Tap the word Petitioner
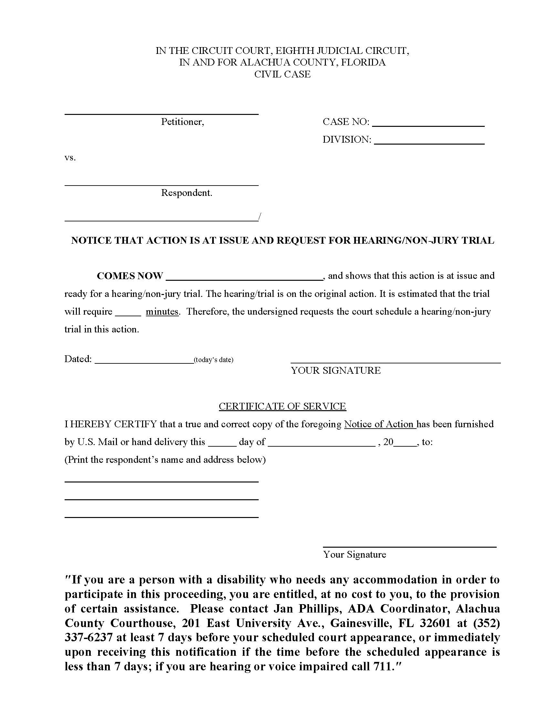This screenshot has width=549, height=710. click(182, 122)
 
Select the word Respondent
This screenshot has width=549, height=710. click(186, 193)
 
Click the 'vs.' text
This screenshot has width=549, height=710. click(70, 158)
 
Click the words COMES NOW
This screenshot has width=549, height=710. click(130, 276)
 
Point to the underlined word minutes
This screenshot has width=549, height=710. click(162, 312)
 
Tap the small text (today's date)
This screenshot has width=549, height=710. click(213, 360)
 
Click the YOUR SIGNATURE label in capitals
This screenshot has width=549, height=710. click(336, 370)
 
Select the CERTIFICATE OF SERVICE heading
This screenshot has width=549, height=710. click(282, 406)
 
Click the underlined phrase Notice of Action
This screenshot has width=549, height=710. click(379, 424)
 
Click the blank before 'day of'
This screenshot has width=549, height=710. click(222, 444)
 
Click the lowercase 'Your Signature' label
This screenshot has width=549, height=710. click(355, 554)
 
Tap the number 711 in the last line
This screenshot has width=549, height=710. click(381, 666)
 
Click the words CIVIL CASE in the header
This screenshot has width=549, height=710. click(282, 75)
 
